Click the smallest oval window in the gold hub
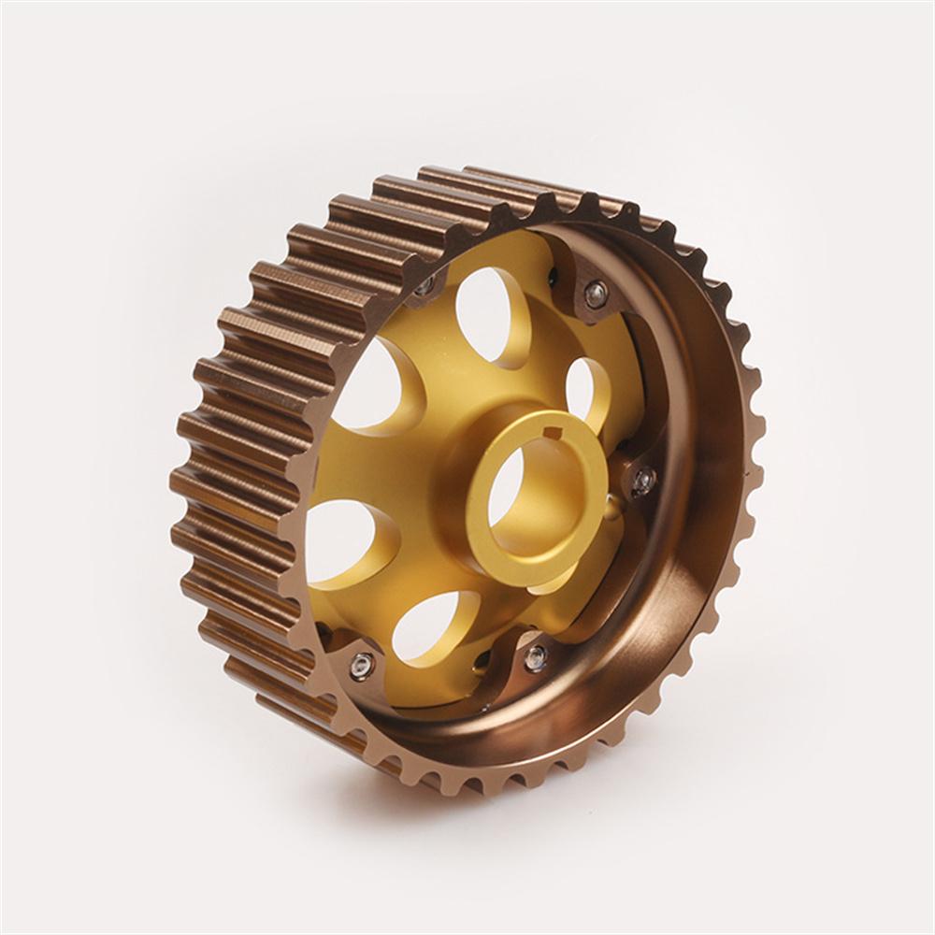(585, 388)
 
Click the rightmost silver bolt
(642, 481)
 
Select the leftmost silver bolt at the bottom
(361, 666)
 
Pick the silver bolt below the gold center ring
(536, 657)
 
